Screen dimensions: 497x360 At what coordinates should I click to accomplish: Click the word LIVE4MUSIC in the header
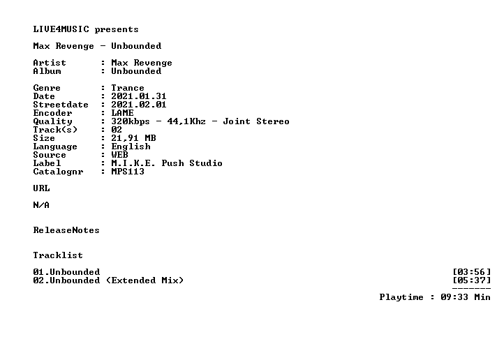coord(61,29)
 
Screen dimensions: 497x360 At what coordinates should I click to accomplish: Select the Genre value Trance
coord(128,88)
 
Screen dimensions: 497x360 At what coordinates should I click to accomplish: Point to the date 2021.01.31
coord(138,96)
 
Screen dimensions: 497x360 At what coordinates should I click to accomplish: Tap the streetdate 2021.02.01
coord(138,105)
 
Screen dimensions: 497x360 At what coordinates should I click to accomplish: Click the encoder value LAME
coord(122,113)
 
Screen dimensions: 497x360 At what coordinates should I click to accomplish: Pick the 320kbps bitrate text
coord(131,121)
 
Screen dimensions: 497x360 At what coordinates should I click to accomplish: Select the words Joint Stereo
coord(256,121)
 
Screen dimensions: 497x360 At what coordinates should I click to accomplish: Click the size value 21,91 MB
coord(133,138)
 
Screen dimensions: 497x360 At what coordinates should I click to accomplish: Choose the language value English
coord(131,147)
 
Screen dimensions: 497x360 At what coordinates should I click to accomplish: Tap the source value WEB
coord(119,155)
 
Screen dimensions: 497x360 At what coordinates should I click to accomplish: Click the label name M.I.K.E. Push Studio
coord(167,163)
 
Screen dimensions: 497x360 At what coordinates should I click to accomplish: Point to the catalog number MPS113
coord(128,172)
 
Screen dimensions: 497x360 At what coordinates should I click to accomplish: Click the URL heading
coord(41,188)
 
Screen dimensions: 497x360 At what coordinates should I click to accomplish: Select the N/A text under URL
coord(41,205)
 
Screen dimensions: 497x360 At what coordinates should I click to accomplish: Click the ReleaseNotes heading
coord(66,230)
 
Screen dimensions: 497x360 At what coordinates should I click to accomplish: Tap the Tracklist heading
coord(58,255)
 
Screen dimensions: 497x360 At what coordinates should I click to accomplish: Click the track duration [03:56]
coord(472,272)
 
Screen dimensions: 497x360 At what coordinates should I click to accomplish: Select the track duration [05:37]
coord(472,280)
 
